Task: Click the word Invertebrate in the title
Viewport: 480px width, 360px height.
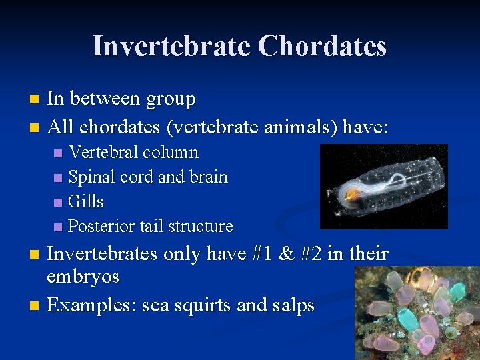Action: point(171,46)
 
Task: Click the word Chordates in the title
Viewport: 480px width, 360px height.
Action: point(322,46)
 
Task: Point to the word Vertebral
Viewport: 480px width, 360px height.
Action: point(105,153)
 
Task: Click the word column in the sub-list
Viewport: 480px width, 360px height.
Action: point(171,153)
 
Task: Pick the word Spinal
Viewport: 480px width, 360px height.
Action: point(91,177)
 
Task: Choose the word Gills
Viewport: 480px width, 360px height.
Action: point(86,201)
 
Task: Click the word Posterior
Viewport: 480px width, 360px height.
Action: point(102,227)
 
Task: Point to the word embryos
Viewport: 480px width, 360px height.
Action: point(83,277)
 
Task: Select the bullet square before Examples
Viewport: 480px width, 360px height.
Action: point(36,306)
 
